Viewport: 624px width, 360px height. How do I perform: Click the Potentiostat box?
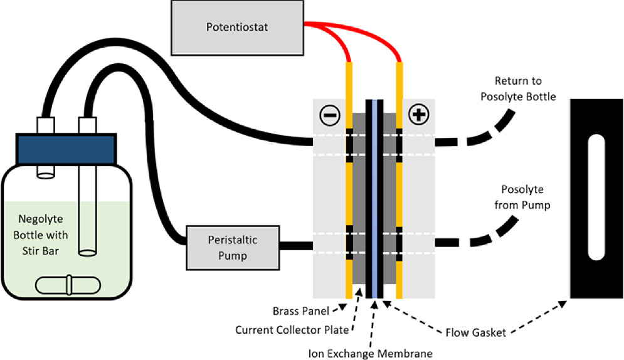point(236,27)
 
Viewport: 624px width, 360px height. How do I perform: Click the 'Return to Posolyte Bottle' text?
point(518,88)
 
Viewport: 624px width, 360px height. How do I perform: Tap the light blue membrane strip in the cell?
point(374,201)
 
